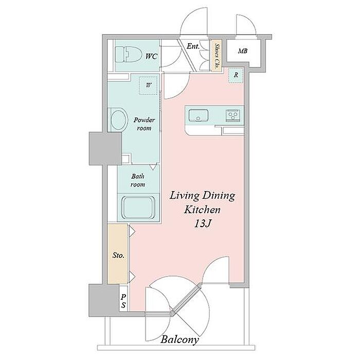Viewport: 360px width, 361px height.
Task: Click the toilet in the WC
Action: tap(128, 55)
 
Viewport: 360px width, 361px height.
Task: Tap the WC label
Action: tap(151, 57)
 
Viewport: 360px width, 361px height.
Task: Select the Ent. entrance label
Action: tap(193, 46)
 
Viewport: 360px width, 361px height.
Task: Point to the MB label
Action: tap(243, 51)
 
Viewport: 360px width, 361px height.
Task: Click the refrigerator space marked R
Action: tap(236, 75)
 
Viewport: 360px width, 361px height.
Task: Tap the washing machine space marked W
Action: tap(149, 85)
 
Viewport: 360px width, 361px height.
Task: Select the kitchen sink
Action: tap(199, 115)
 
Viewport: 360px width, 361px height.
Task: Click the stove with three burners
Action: tap(233, 115)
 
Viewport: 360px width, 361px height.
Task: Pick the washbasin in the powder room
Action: tap(118, 120)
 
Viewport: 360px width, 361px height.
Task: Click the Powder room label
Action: tap(144, 124)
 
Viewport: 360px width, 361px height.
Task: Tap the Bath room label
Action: tap(138, 180)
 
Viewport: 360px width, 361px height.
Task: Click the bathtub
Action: tap(138, 208)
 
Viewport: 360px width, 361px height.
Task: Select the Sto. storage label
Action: tap(118, 255)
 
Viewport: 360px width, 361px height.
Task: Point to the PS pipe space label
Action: tap(123, 301)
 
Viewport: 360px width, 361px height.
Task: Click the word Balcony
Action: tap(179, 339)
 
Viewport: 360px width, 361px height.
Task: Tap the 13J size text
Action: tap(203, 224)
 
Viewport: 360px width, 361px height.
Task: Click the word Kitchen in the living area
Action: tap(202, 210)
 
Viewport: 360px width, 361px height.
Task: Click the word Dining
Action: tap(219, 196)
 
